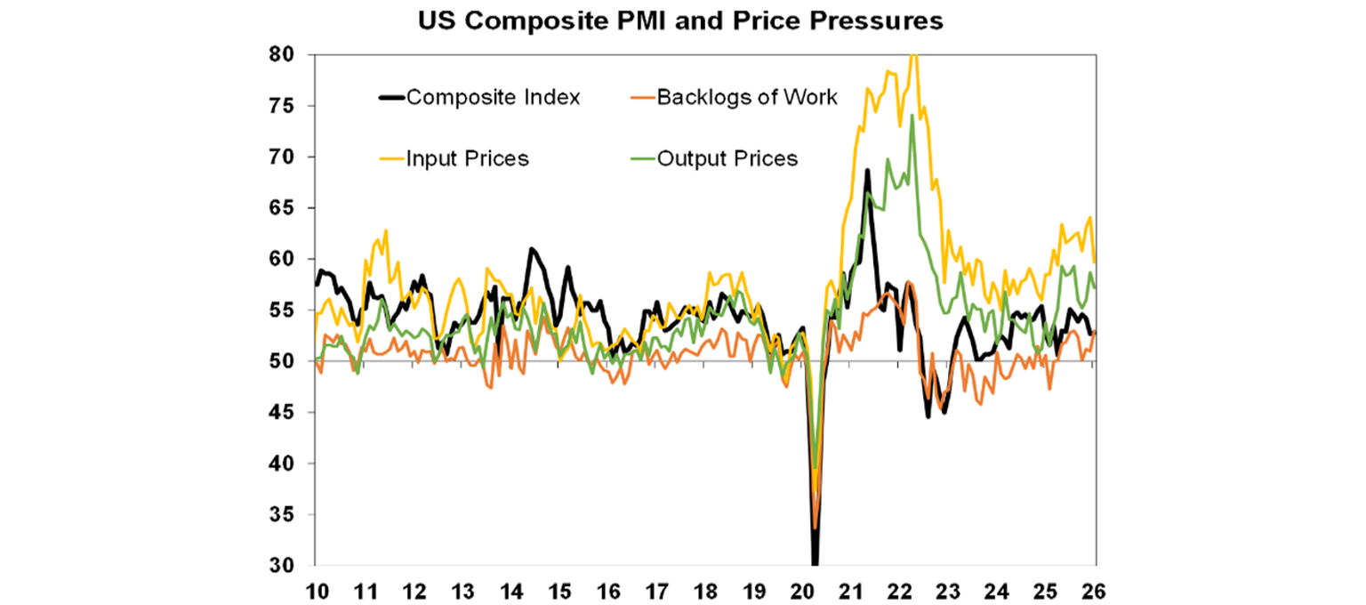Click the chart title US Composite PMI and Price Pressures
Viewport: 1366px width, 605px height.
[x=682, y=22]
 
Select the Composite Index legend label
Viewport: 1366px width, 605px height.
[x=493, y=97]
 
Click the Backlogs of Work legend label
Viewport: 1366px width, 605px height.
[x=747, y=97]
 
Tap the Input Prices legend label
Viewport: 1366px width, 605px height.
[x=468, y=159]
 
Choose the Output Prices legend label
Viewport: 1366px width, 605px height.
[x=727, y=159]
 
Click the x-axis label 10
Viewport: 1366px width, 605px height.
[x=315, y=590]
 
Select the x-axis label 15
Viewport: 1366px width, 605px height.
[x=558, y=590]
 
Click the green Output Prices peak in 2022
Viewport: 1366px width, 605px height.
[x=912, y=116]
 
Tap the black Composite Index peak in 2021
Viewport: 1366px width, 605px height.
[x=866, y=170]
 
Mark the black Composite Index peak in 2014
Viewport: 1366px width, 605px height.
[x=531, y=249]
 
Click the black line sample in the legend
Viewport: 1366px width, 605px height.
[x=390, y=97]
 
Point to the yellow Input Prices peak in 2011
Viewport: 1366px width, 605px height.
[x=385, y=230]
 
